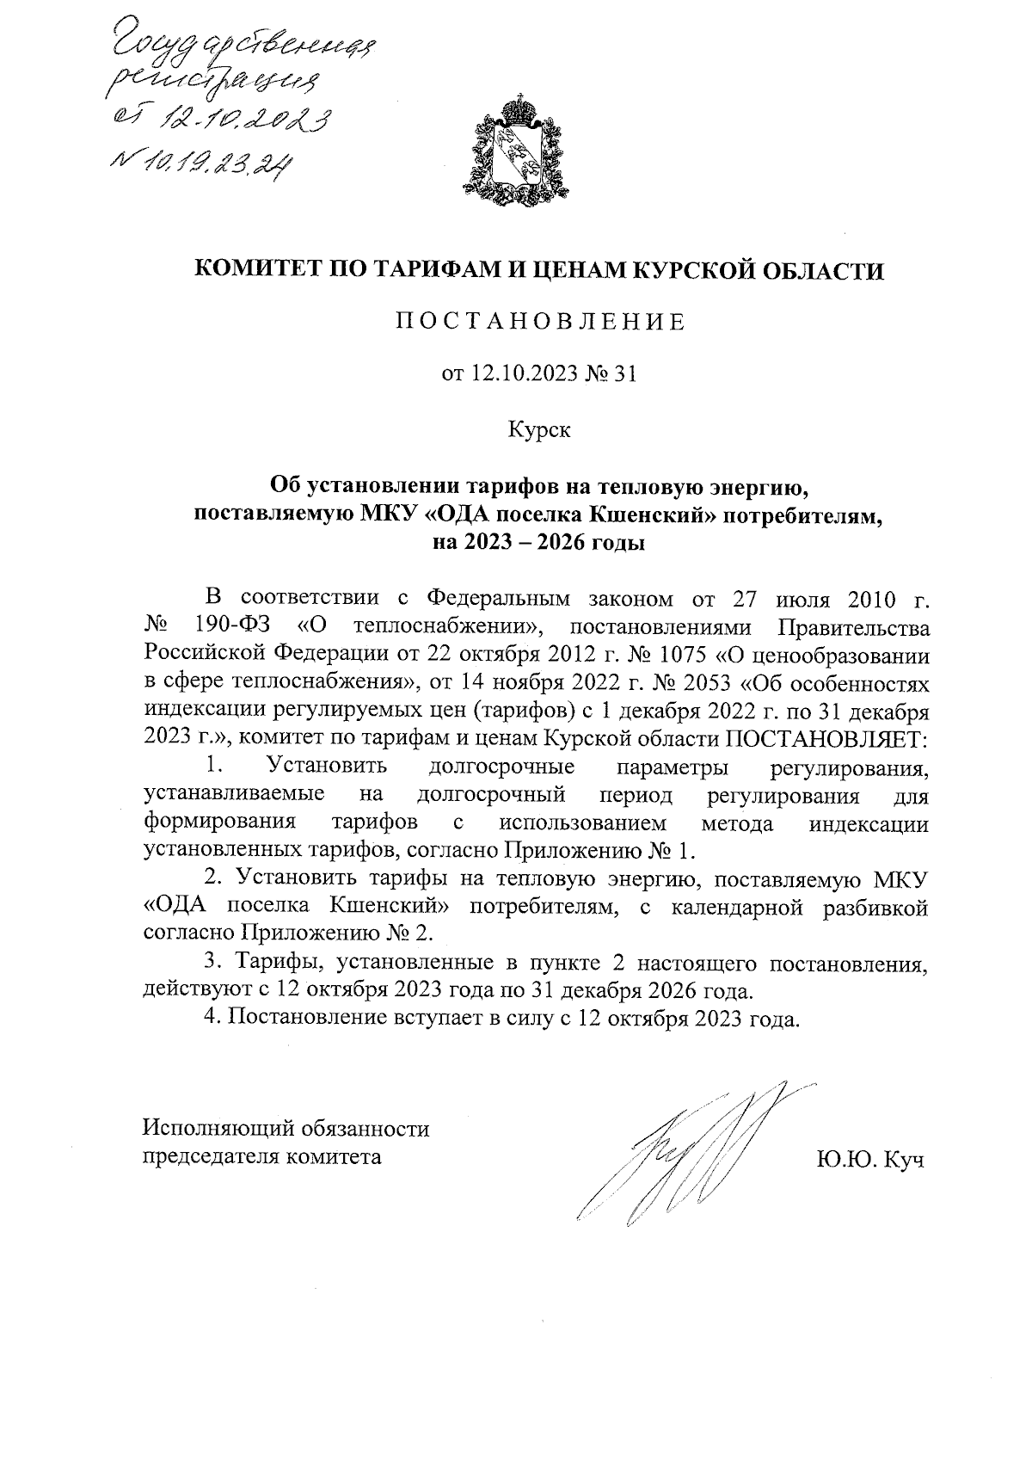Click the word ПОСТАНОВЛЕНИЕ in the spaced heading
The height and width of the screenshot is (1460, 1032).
pyautogui.click(x=539, y=323)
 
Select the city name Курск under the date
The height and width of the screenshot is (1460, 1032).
pyautogui.click(x=539, y=428)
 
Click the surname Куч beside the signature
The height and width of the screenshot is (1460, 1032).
pyautogui.click(x=902, y=1161)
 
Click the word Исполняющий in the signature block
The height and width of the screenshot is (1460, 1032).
pyautogui.click(x=212, y=1128)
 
